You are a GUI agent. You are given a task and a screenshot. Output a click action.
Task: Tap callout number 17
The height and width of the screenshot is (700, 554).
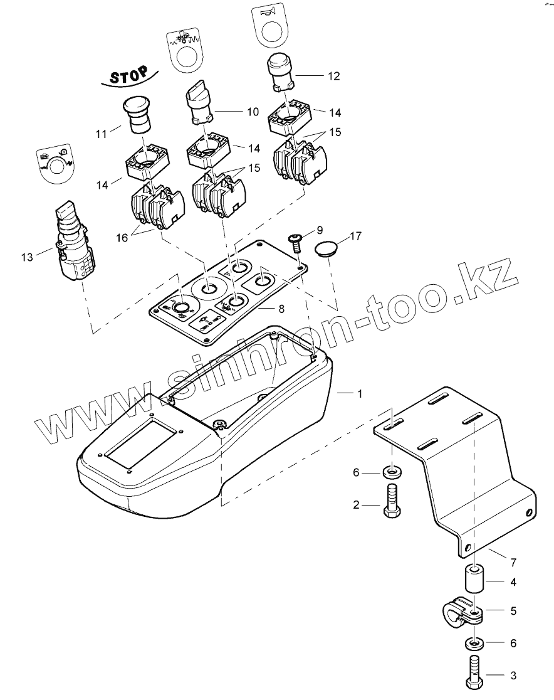(x=356, y=236)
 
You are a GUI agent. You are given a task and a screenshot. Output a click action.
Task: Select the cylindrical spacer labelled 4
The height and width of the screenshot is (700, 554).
(x=474, y=582)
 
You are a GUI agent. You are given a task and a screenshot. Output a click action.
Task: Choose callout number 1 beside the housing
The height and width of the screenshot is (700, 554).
(x=359, y=393)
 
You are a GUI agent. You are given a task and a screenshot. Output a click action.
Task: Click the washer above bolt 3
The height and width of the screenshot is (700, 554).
(x=475, y=644)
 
